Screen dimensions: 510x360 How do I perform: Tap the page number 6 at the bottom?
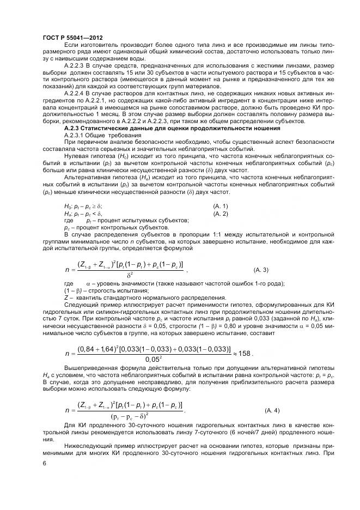44,462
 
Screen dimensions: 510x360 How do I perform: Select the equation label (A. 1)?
219,205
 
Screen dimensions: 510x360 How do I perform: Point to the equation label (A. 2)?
219,213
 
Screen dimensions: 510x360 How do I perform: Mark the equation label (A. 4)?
268,409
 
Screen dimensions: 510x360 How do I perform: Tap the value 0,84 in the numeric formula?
88,348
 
